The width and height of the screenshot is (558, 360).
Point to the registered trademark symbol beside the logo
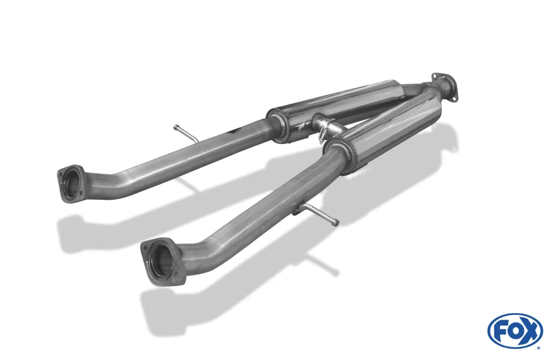coord(538,348)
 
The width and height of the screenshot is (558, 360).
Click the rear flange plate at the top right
coord(445,86)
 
